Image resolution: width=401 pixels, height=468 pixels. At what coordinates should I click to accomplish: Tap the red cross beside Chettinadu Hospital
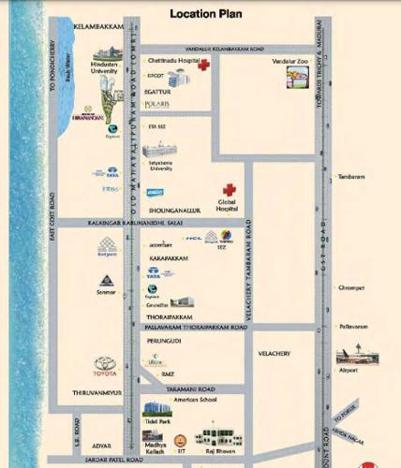click(x=202, y=65)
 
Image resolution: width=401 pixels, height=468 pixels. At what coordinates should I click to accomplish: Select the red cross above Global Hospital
click(x=228, y=190)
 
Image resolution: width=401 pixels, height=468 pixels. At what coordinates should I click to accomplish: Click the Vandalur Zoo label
click(x=290, y=62)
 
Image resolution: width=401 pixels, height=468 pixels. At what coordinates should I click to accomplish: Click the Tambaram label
click(x=350, y=175)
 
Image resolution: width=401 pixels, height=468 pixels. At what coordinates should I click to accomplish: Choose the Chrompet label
click(x=350, y=288)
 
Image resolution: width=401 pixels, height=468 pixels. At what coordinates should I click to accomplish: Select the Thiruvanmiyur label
click(x=90, y=393)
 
